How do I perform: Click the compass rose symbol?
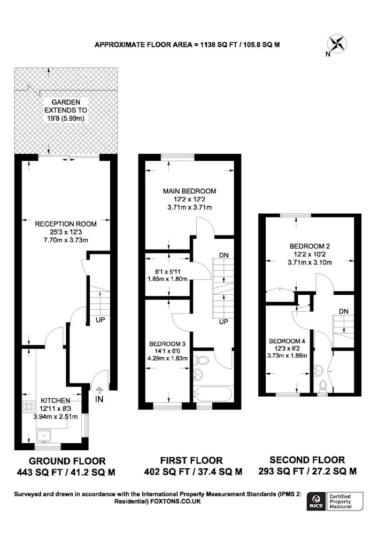coord(337,44)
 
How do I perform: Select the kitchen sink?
coord(44,435)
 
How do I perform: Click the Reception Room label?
coord(66,224)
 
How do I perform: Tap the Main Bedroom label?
coord(189,191)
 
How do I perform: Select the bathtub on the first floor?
coord(213,395)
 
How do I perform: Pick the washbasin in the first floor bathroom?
coord(198,375)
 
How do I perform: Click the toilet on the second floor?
coord(322,385)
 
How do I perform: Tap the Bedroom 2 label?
coord(310,246)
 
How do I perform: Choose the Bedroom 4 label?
coord(287,341)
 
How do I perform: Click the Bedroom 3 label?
coord(167,343)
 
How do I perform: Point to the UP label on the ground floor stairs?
coord(100,320)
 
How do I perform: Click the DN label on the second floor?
coord(344,311)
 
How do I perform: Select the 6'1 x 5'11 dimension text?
coord(168,272)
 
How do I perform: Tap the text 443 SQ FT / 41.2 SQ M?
coord(66,473)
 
